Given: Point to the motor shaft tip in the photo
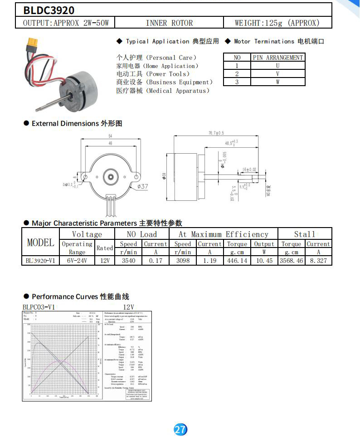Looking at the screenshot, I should tap(38, 109).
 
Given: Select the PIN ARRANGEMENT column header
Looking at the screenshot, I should tap(278, 58).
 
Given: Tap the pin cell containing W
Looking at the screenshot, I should tap(278, 82).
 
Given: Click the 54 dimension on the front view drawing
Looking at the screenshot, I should tap(110, 136).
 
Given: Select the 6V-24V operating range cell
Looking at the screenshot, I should tap(77, 261).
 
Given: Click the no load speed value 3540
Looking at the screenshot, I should tap(129, 261).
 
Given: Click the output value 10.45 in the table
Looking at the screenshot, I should tap(264, 261).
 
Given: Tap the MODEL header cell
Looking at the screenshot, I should tap(41, 243).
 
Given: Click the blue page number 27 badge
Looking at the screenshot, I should tap(180, 429).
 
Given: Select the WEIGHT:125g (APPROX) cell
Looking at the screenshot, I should tap(277, 23).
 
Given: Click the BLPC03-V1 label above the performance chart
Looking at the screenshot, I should tap(39, 307).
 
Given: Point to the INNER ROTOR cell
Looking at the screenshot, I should tap(169, 23).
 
